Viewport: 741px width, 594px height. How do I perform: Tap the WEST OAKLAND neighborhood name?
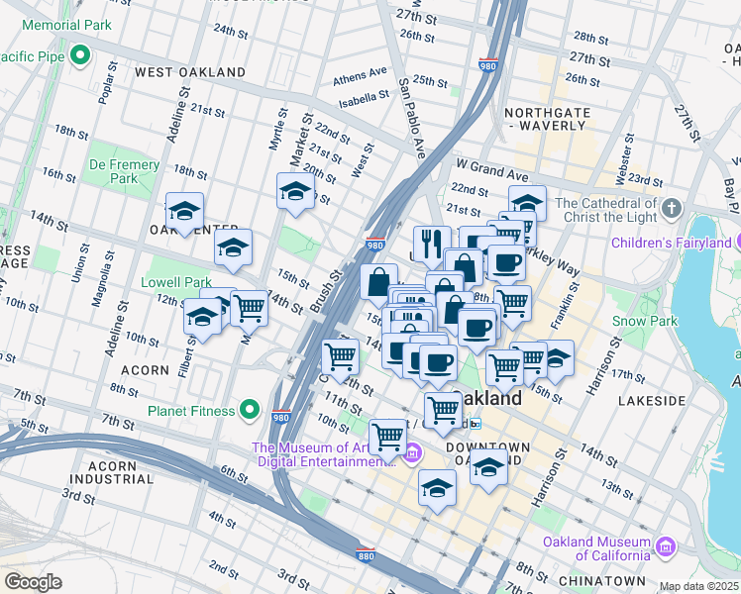190,72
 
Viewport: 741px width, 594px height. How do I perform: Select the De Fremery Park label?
124,171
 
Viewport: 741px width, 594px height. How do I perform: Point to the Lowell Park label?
176,282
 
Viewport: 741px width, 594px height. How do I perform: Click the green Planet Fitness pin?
250,410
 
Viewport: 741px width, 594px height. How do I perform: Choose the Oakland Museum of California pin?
666,546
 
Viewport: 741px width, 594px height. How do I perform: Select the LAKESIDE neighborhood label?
651,401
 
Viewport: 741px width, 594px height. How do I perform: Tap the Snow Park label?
644,321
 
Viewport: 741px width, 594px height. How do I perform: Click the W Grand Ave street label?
487,163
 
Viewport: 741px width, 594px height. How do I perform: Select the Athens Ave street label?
360,74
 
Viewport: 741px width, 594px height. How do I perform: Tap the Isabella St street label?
363,98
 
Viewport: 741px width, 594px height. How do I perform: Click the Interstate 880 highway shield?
365,555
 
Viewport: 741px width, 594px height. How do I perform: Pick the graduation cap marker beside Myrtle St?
294,191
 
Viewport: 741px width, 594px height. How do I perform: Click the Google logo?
33,582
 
